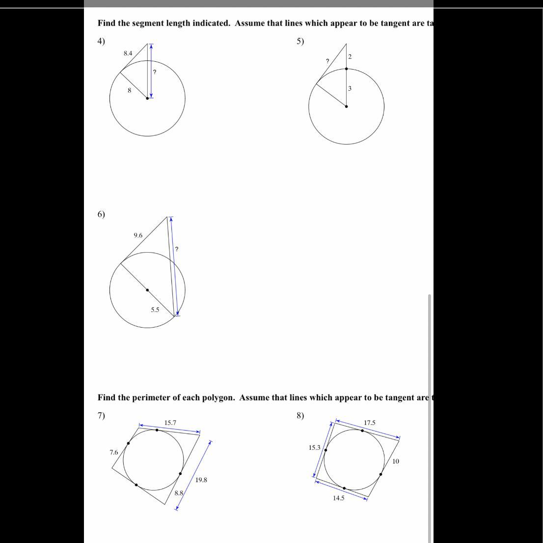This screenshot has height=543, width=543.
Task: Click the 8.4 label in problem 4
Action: (128, 53)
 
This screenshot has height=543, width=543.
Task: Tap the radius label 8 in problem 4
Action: (129, 90)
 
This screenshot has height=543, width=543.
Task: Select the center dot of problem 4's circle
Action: (147, 98)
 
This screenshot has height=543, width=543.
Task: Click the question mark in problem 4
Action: (155, 72)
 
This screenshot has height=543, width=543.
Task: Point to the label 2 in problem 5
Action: (350, 57)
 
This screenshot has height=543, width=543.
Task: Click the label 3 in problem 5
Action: (350, 88)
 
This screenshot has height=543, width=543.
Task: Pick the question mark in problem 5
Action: (327, 61)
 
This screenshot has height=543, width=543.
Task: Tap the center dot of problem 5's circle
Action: (346, 106)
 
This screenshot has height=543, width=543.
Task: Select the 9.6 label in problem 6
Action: (138, 235)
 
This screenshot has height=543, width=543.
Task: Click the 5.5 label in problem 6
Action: (155, 310)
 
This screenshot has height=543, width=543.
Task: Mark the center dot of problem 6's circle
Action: (147, 290)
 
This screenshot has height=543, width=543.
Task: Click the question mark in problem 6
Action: (177, 249)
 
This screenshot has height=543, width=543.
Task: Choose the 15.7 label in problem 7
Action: (170, 422)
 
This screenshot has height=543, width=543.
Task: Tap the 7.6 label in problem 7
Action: (114, 452)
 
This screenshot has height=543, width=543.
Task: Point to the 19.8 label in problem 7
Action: (201, 480)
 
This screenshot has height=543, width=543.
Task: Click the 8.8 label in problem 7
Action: (179, 493)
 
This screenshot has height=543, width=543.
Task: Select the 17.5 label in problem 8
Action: (370, 422)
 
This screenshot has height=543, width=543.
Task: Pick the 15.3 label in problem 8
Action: (314, 447)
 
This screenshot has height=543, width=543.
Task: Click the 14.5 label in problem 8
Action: (339, 498)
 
